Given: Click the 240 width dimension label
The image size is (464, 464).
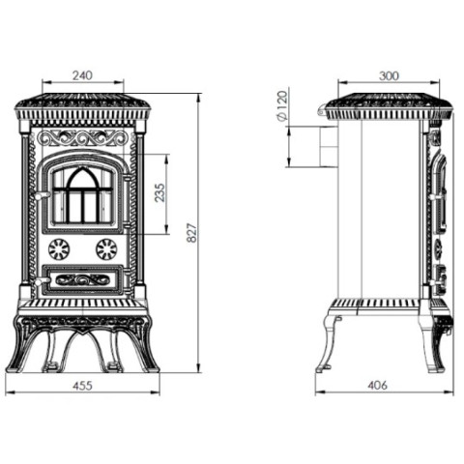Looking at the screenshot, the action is pyautogui.click(x=82, y=75).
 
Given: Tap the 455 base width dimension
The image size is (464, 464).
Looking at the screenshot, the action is pyautogui.click(x=82, y=386).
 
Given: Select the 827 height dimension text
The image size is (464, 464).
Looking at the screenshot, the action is pyautogui.click(x=191, y=232).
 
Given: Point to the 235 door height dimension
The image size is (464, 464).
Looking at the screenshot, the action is pyautogui.click(x=160, y=192).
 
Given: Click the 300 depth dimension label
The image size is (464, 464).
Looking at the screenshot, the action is pyautogui.click(x=389, y=76).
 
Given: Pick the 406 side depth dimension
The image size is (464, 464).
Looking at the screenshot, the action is pyautogui.click(x=378, y=385).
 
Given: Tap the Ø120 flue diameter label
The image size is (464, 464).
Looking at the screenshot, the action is pyautogui.click(x=282, y=105).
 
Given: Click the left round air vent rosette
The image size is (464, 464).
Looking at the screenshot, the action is pyautogui.click(x=59, y=249).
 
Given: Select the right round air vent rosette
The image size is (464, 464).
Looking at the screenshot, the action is pyautogui.click(x=106, y=249).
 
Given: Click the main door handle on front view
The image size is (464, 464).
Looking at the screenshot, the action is pyautogui.click(x=42, y=195).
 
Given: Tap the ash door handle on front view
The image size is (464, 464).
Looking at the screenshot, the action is pyautogui.click(x=42, y=282).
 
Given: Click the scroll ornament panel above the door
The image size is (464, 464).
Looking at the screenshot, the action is pyautogui.click(x=83, y=138).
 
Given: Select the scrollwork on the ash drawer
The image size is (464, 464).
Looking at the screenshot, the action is pyautogui.click(x=83, y=279).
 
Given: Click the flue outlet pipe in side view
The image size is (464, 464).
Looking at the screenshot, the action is pyautogui.click(x=328, y=147).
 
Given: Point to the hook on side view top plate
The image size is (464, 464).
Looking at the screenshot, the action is pyautogui.click(x=322, y=109).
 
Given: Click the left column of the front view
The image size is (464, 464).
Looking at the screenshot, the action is pyautogui.click(x=25, y=210).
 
